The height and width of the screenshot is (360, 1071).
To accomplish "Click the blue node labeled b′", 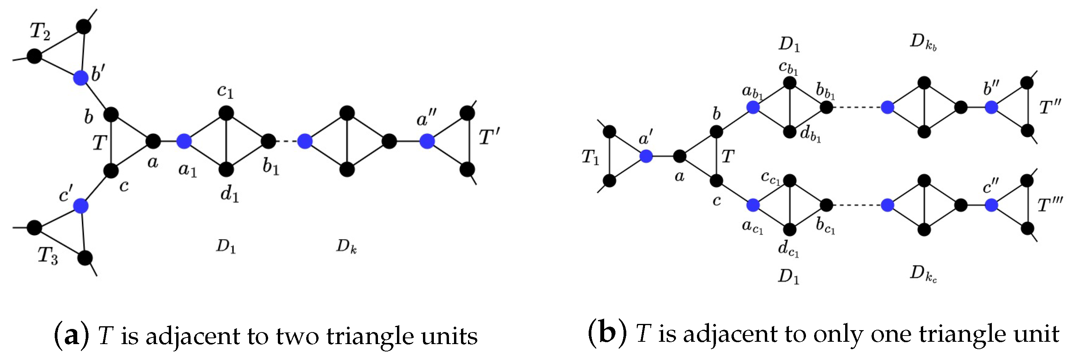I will [x=81, y=78].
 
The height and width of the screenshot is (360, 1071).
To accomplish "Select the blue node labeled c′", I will [x=81, y=205].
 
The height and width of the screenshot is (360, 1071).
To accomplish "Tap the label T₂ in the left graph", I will [x=40, y=31].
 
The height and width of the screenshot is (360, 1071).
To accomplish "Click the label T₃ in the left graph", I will [x=48, y=255].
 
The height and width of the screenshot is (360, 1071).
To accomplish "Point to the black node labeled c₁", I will [x=226, y=112].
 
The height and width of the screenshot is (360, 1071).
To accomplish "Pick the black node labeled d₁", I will [x=226, y=169].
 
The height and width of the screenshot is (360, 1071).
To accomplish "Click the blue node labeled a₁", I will [x=184, y=141].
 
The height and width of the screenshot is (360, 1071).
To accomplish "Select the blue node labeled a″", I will [x=427, y=141].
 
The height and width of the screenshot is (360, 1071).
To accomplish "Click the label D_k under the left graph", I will [x=346, y=246].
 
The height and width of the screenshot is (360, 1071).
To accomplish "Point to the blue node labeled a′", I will [x=646, y=156].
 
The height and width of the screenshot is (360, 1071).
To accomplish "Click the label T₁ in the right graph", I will [x=590, y=157].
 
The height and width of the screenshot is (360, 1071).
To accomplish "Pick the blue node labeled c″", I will [x=991, y=205].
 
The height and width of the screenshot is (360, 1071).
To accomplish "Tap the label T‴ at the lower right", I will [x=1049, y=205].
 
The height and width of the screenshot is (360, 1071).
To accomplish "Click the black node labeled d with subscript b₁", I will [x=790, y=132].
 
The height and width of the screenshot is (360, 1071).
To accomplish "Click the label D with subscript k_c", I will [x=923, y=273].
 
